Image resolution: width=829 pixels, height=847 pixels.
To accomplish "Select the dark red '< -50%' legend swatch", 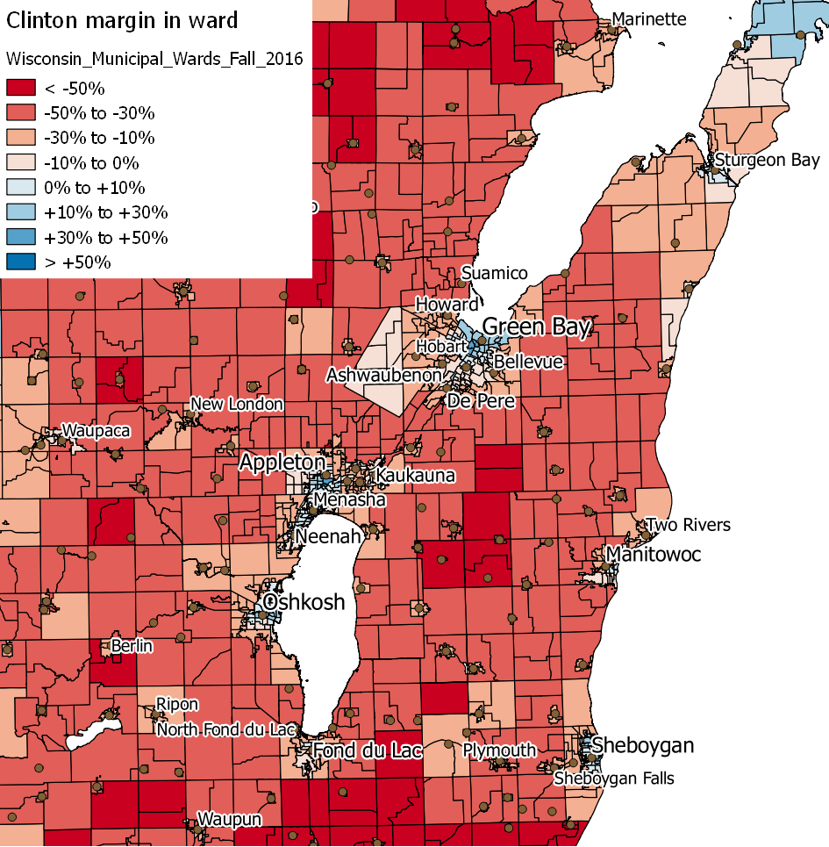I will pyautogui.click(x=21, y=88).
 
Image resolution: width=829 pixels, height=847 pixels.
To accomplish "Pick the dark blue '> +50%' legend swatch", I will pyautogui.click(x=21, y=262).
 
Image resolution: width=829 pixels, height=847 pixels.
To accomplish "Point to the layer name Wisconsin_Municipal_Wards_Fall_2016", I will pyautogui.click(x=154, y=59).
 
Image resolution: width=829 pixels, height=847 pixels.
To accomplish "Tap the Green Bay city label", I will pyautogui.click(x=537, y=327).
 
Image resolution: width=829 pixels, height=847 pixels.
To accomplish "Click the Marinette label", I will pyautogui.click(x=649, y=18).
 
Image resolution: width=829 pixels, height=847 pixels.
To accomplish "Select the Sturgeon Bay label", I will pyautogui.click(x=767, y=160).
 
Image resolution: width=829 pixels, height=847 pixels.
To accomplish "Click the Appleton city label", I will pyautogui.click(x=282, y=463).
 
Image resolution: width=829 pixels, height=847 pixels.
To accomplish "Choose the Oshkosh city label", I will pyautogui.click(x=304, y=602).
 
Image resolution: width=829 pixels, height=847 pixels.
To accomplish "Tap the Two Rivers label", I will pyautogui.click(x=688, y=525).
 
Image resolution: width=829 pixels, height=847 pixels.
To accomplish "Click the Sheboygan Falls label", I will pyautogui.click(x=614, y=779).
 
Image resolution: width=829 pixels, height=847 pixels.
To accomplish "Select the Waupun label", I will pyautogui.click(x=229, y=820).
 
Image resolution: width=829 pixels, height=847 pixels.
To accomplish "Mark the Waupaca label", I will pyautogui.click(x=95, y=431).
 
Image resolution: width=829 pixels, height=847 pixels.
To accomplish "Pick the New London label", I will pyautogui.click(x=237, y=404).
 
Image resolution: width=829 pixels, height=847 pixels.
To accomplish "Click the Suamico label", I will pyautogui.click(x=495, y=273).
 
